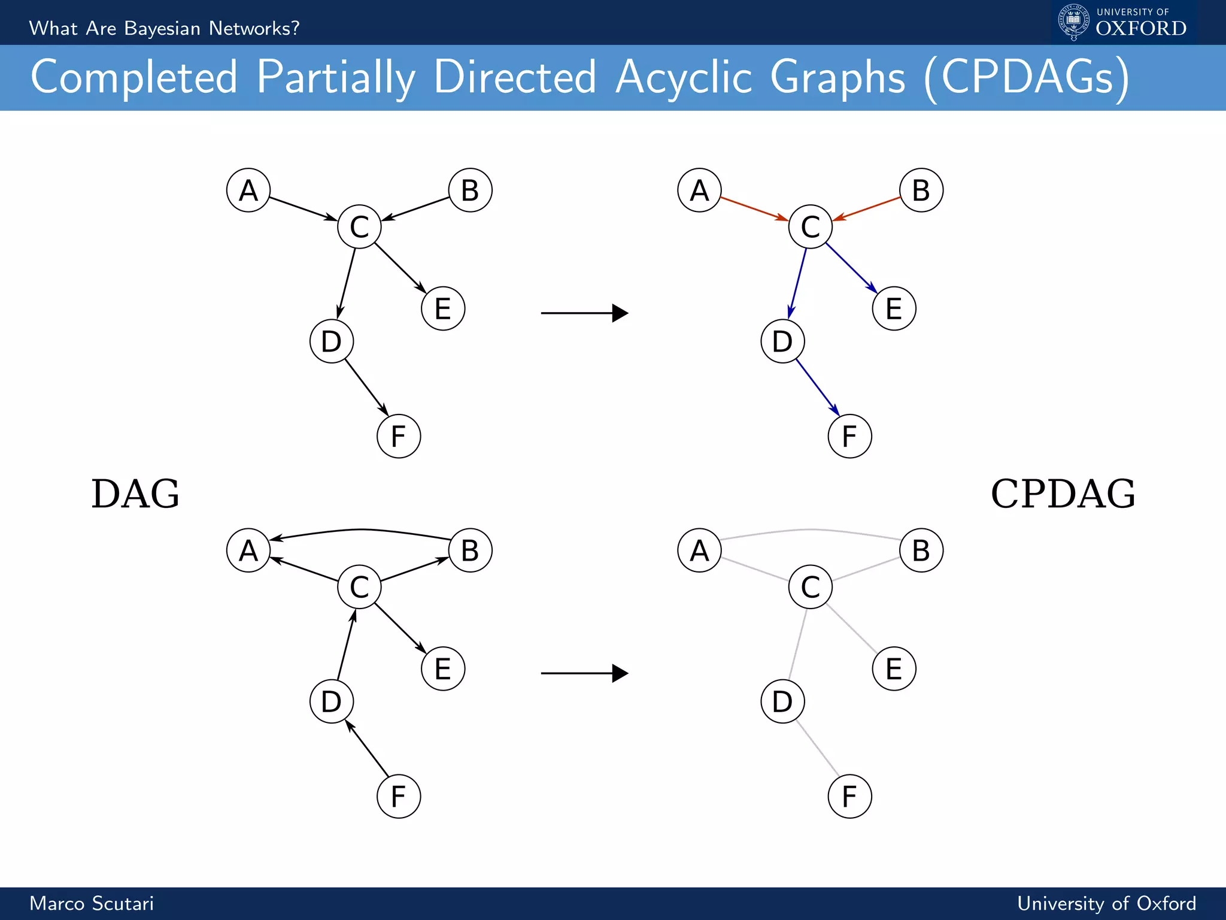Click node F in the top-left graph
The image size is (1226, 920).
tap(399, 436)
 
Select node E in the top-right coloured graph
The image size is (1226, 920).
tap(894, 308)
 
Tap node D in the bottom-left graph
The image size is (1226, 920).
tap(332, 701)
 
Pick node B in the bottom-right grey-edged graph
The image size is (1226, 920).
tap(921, 550)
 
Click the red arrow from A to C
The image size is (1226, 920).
tap(754, 208)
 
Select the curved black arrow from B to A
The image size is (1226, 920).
tap(361, 530)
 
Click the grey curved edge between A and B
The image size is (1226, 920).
tap(811, 530)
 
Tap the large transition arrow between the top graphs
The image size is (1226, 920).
tap(584, 313)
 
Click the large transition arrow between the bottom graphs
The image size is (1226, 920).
tap(584, 673)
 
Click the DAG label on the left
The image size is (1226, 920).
tap(135, 494)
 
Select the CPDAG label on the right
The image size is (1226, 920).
tap(1063, 494)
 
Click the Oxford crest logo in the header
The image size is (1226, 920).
tap(1073, 22)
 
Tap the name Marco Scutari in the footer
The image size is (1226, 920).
tap(92, 903)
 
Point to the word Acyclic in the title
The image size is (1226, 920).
tap(683, 77)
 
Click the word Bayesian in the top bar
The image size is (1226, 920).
tap(162, 28)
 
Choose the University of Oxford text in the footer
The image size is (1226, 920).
tap(1106, 903)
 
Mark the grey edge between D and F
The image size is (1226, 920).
tap(818, 749)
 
